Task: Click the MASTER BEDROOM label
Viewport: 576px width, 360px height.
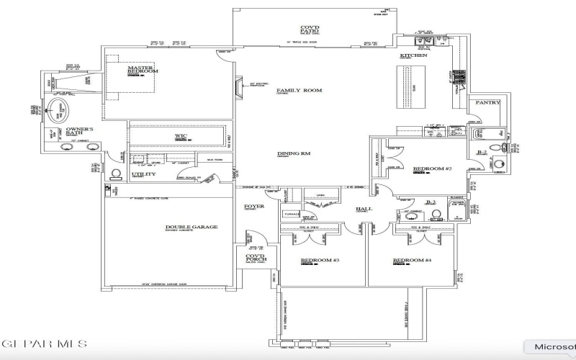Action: (x=143, y=70)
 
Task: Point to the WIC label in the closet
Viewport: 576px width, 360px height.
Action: (x=181, y=135)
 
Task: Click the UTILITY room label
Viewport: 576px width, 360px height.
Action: (x=143, y=174)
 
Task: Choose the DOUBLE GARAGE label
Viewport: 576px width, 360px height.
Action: (x=192, y=227)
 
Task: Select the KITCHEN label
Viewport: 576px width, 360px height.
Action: (x=413, y=55)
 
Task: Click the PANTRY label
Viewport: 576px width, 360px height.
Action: (x=487, y=103)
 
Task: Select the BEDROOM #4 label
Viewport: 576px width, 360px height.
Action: (x=412, y=260)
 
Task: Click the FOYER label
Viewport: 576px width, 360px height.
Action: (x=253, y=207)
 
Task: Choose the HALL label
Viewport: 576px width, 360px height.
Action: (x=363, y=210)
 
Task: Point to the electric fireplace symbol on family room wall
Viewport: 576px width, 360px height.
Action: (x=240, y=87)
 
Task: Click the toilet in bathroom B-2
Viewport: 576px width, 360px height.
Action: (x=495, y=147)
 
